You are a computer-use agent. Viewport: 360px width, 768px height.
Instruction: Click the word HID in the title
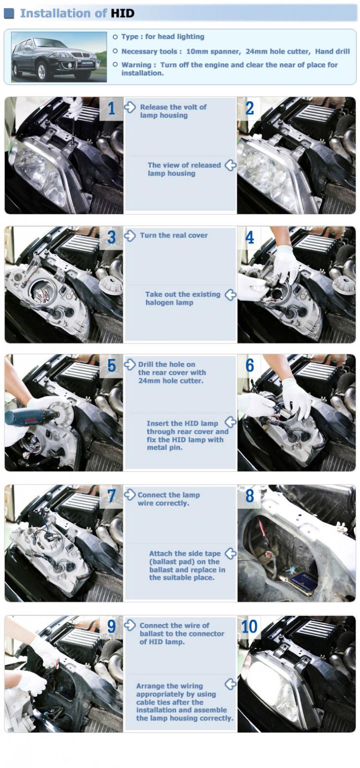click(x=123, y=13)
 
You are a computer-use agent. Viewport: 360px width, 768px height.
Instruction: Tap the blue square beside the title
click(x=9, y=13)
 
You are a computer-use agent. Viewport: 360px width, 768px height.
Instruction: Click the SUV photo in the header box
click(x=59, y=57)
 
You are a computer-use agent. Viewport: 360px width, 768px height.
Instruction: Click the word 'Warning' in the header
click(x=136, y=65)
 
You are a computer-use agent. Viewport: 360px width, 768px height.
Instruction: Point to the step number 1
click(x=111, y=108)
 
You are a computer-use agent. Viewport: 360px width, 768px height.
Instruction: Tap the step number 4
click(x=250, y=237)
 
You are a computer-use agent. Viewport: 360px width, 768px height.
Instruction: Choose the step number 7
click(x=111, y=496)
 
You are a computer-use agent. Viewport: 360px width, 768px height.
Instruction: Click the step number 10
click(x=249, y=627)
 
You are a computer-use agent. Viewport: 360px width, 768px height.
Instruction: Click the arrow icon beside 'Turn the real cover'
click(x=130, y=236)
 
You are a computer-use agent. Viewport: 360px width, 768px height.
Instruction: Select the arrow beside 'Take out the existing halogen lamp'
click(x=231, y=295)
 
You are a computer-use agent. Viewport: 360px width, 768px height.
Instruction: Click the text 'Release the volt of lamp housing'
click(x=173, y=111)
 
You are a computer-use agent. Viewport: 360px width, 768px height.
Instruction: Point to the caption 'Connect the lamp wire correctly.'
click(x=169, y=499)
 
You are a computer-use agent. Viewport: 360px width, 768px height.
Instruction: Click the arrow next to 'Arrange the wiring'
click(x=231, y=684)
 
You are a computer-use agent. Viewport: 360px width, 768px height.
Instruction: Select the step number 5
click(x=111, y=365)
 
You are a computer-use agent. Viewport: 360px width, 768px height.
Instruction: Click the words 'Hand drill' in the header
click(x=333, y=52)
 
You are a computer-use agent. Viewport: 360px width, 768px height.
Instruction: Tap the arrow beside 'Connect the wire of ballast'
click(x=130, y=625)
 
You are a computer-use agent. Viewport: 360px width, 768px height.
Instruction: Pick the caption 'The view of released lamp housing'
click(x=184, y=169)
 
